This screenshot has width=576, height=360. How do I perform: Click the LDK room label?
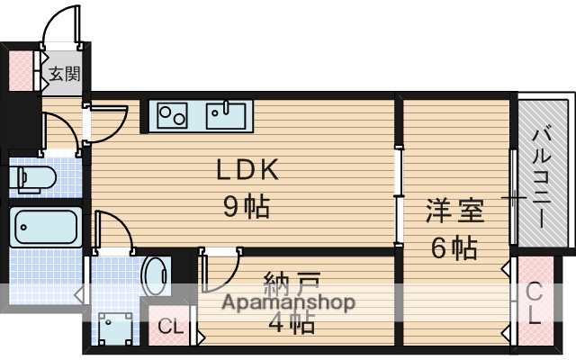[247, 170]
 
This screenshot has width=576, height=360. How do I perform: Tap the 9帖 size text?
[247, 207]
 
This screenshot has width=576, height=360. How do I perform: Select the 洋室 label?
[454, 211]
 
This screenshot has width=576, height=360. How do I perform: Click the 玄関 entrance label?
[65, 74]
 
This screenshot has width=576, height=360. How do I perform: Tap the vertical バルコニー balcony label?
[543, 170]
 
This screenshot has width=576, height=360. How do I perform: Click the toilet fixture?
[34, 176]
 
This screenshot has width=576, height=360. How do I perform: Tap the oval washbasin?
[157, 275]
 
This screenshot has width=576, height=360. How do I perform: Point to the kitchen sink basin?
[225, 115]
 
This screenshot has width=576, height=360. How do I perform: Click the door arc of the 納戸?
[220, 271]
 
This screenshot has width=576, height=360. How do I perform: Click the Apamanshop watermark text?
[289, 302]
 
